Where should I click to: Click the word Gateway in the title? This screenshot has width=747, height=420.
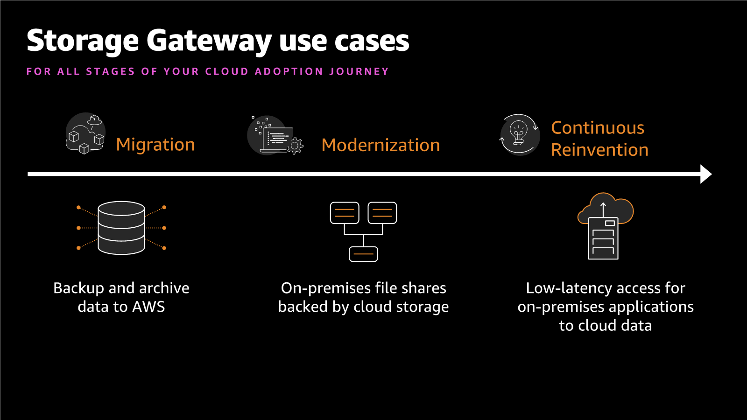(209, 41)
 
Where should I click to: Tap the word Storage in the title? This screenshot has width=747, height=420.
(83, 41)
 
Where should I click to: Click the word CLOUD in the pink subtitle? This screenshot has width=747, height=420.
(226, 71)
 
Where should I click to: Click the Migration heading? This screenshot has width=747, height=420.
(155, 145)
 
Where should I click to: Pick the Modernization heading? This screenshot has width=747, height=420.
(381, 145)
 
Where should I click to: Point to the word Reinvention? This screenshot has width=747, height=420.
(599, 150)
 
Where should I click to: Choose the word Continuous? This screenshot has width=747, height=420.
(598, 128)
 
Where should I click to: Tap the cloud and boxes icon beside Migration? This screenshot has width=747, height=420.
(85, 133)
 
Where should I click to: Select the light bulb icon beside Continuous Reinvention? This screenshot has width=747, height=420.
(519, 134)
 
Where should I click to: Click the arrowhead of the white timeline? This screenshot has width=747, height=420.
(705, 174)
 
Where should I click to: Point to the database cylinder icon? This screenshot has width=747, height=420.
(121, 228)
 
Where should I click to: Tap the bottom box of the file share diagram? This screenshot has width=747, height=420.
(363, 254)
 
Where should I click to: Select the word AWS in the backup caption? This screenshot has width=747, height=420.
(148, 307)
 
